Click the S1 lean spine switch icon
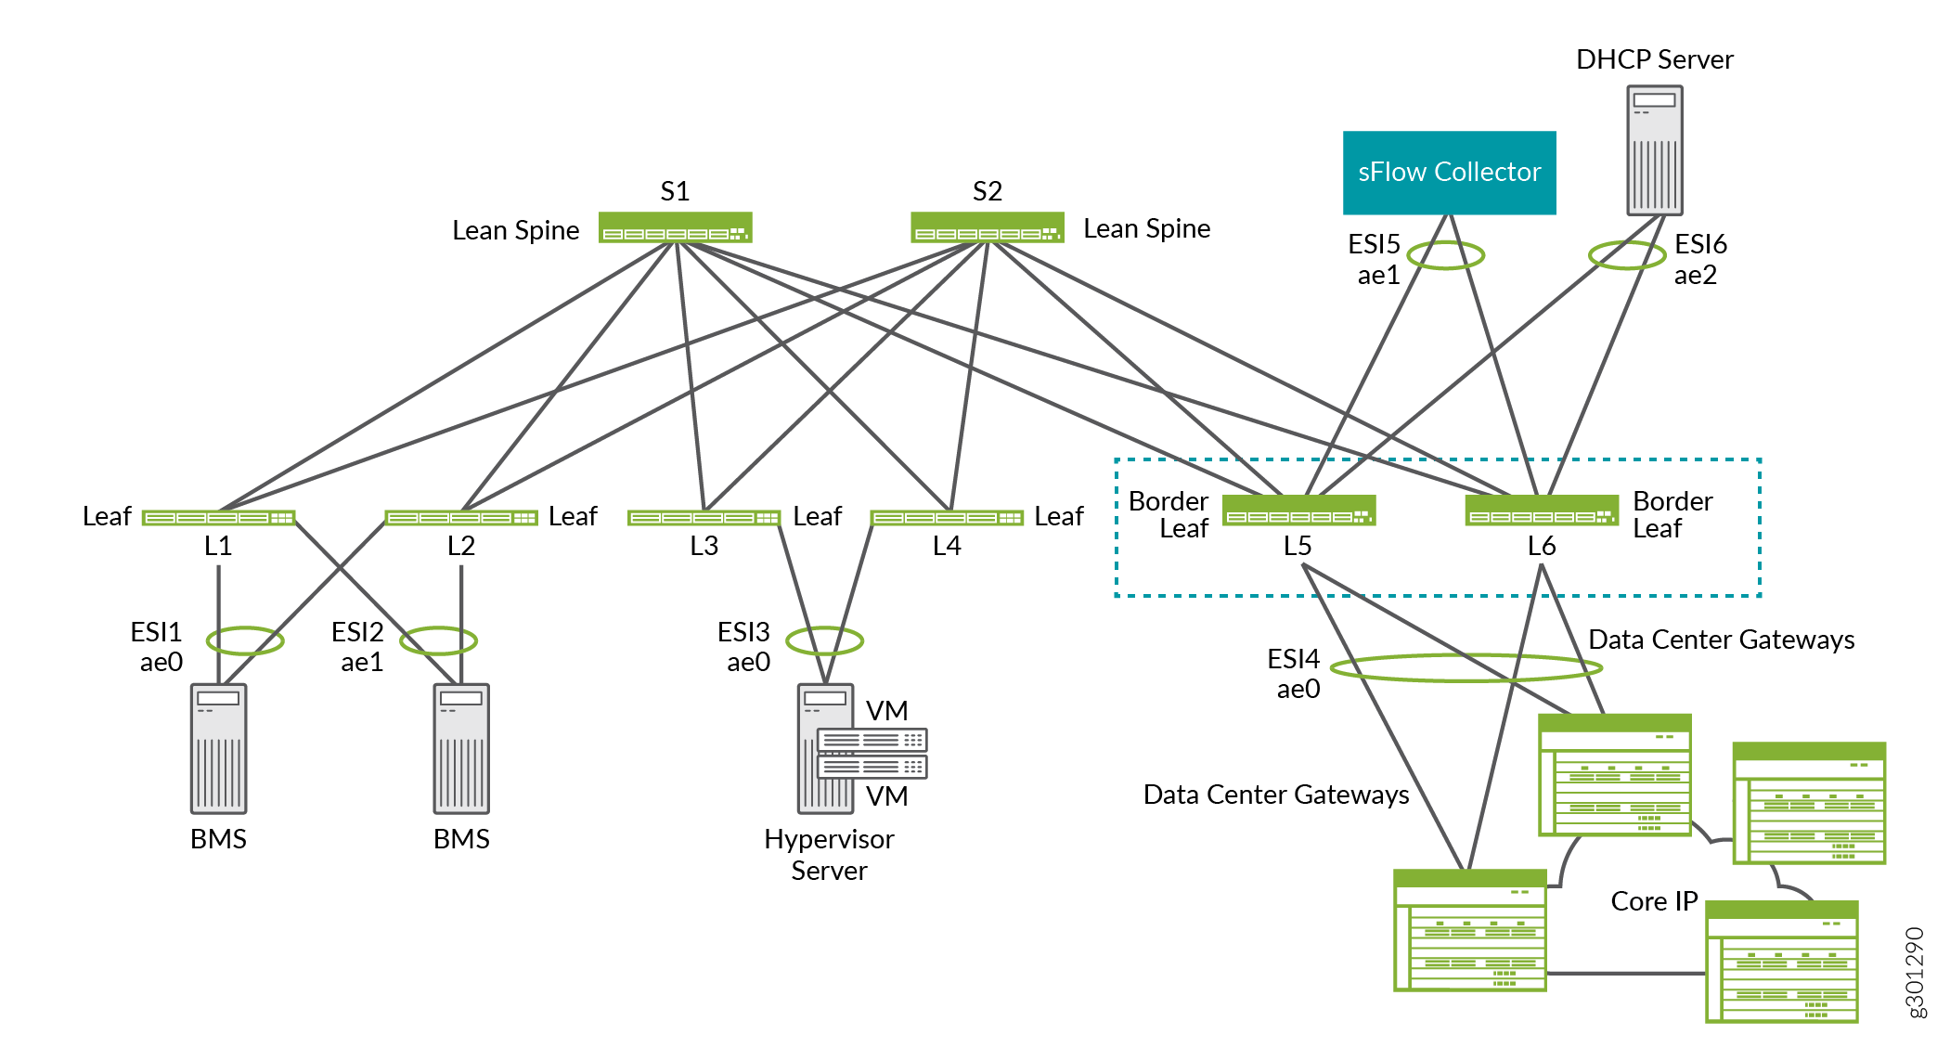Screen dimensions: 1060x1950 (x=675, y=228)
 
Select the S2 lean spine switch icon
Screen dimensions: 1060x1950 (x=987, y=228)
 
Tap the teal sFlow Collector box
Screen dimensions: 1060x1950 (x=1449, y=173)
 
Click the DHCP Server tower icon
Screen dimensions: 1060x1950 (x=1654, y=150)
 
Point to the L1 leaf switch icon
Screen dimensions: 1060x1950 (x=218, y=518)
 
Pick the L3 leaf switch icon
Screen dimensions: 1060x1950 (x=704, y=518)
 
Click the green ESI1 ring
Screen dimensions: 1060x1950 (x=245, y=640)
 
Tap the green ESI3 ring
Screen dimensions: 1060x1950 (x=824, y=640)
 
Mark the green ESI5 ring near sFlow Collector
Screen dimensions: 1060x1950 (x=1445, y=254)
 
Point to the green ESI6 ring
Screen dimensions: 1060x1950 (x=1626, y=254)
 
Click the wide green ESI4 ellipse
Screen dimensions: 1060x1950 (x=1466, y=667)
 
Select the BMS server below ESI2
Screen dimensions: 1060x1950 (x=461, y=748)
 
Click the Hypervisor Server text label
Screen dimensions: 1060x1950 (x=829, y=854)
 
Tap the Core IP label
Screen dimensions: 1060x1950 (x=1654, y=901)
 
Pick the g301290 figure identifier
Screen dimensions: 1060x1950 (x=1915, y=972)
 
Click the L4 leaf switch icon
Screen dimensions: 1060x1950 (x=947, y=518)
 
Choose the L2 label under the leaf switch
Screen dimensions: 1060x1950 (x=461, y=546)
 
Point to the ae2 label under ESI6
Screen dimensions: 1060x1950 (x=1695, y=276)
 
